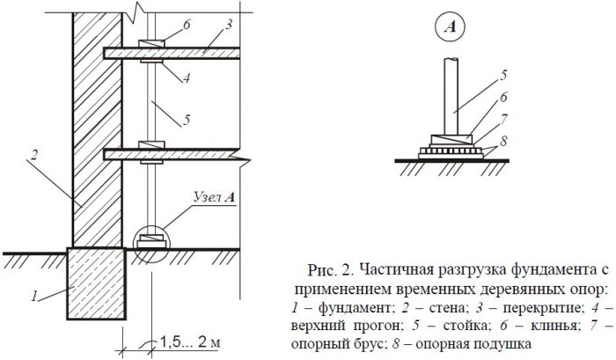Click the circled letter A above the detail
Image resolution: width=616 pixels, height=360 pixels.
click(x=451, y=27)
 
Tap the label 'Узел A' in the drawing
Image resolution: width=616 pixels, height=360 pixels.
click(x=215, y=197)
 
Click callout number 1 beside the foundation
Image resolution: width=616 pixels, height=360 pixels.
click(x=34, y=295)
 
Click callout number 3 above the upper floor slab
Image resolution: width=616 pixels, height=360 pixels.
click(x=228, y=25)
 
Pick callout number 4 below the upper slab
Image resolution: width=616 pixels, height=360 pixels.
click(x=187, y=77)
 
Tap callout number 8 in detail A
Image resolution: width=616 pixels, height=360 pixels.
click(x=503, y=141)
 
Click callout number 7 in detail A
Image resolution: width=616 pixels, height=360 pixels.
click(x=504, y=119)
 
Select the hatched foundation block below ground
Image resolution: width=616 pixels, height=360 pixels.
click(x=96, y=283)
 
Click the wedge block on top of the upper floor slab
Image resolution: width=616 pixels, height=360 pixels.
click(x=151, y=44)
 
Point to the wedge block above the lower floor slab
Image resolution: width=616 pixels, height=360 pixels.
click(x=151, y=144)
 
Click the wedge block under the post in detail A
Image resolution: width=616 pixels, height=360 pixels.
click(x=451, y=140)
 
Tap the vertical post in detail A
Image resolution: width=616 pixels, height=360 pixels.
click(x=451, y=97)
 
